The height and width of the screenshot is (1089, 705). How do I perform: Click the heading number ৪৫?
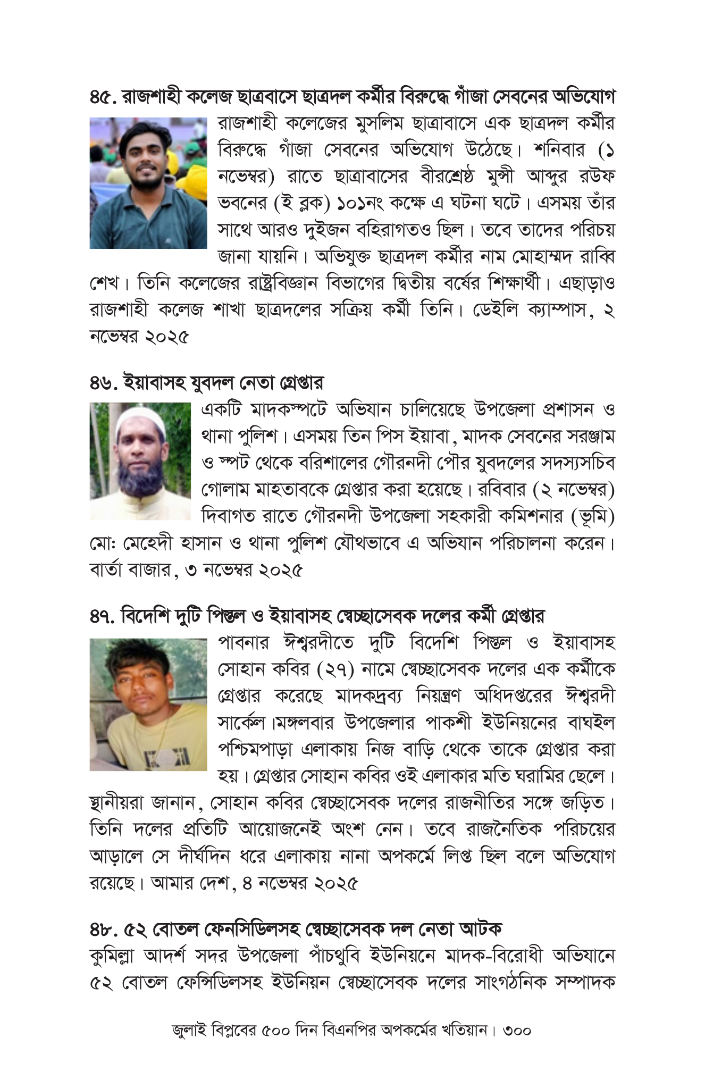103,97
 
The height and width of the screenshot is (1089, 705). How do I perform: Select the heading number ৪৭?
103,616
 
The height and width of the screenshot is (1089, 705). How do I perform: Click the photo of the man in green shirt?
148,183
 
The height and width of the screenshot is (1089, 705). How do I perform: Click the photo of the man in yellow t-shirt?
148,704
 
